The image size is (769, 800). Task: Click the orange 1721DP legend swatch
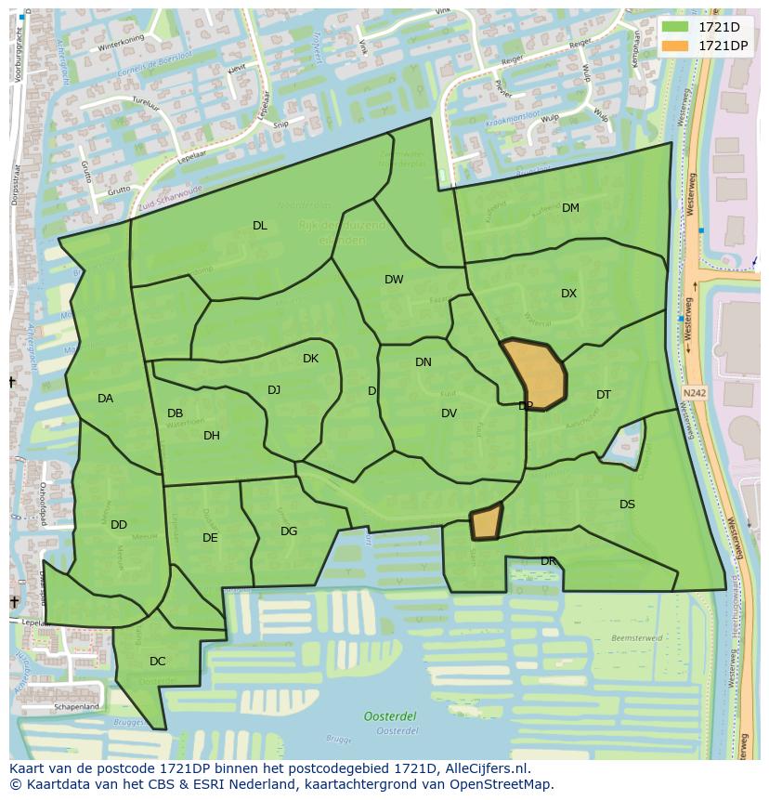pyautogui.click(x=676, y=46)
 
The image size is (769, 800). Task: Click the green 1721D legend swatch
pyautogui.click(x=676, y=27)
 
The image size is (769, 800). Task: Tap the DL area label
pyautogui.click(x=260, y=226)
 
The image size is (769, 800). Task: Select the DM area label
pyautogui.click(x=570, y=208)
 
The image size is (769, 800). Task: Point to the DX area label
pyautogui.click(x=568, y=294)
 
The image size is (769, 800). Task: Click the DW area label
pyautogui.click(x=394, y=280)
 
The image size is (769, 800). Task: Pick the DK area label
pyautogui.click(x=310, y=359)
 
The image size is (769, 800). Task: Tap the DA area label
pyautogui.click(x=105, y=399)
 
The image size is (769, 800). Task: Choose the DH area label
pyautogui.click(x=212, y=436)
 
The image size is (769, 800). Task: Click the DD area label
pyautogui.click(x=119, y=525)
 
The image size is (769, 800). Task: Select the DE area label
pyautogui.click(x=210, y=538)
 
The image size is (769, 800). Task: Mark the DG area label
pyautogui.click(x=289, y=531)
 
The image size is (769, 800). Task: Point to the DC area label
pyautogui.click(x=158, y=662)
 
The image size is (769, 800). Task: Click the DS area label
pyautogui.click(x=627, y=505)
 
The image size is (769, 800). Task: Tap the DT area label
pyautogui.click(x=604, y=395)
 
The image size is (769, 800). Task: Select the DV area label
pyautogui.click(x=449, y=413)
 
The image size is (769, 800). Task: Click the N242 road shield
pyautogui.click(x=692, y=393)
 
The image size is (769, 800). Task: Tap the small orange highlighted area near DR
pyautogui.click(x=487, y=522)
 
